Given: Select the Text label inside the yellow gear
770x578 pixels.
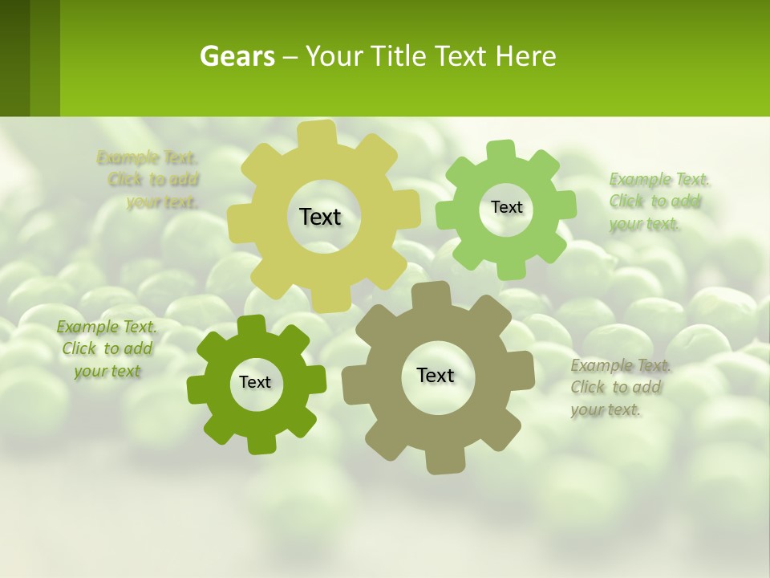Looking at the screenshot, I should coord(320,217).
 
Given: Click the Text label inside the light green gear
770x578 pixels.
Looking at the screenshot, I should coord(506,207).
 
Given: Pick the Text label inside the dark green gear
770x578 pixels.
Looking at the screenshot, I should coord(255,382).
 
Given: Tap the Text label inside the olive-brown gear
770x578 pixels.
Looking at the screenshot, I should coord(436,375).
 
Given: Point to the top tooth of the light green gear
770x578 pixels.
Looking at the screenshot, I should coord(500,150).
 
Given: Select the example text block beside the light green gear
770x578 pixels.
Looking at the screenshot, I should coord(659,201).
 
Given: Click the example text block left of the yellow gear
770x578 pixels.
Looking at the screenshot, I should coord(150,179).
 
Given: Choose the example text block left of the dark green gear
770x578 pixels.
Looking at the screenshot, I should coord(107,348).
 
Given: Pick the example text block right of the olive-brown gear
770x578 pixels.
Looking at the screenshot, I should coord(621,387).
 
